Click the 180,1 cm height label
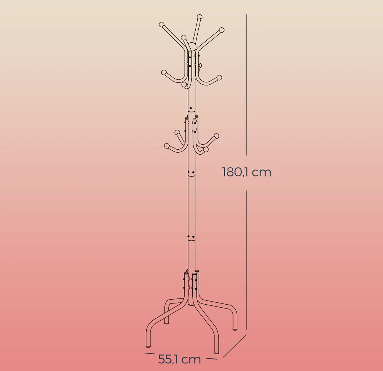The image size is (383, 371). point(247,172)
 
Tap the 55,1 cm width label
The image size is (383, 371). point(180,359)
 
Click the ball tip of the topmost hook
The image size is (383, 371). point(200,17)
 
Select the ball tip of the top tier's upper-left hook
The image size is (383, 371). point(162,25)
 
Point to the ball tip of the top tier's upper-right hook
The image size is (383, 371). point(221,30)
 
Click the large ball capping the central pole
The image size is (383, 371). point(193,46)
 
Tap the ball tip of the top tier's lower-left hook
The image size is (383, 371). point(164,73)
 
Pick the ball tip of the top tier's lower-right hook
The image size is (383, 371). point(219,77)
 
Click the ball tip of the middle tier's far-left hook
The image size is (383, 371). point(167,146)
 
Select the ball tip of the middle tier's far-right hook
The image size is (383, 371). point(216,136)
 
